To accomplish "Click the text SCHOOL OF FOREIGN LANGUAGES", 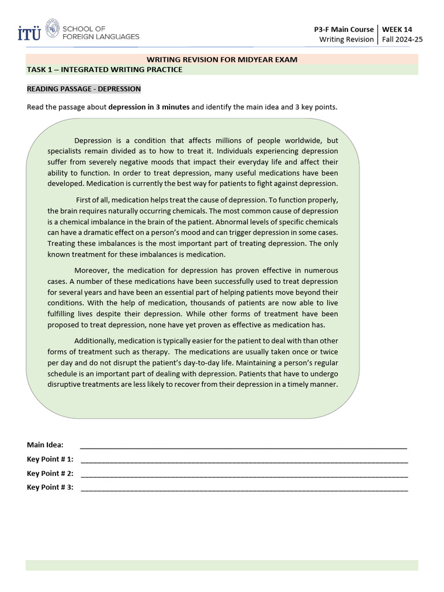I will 101,32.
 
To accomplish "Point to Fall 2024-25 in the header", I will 399,39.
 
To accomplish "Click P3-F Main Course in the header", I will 343,29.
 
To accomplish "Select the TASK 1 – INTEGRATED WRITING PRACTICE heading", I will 105,69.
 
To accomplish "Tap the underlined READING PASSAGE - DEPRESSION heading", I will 84,89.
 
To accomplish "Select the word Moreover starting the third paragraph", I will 91,271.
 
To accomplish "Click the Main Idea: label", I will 45,445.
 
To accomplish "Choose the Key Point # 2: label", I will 50,473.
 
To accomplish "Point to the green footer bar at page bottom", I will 222,565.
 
